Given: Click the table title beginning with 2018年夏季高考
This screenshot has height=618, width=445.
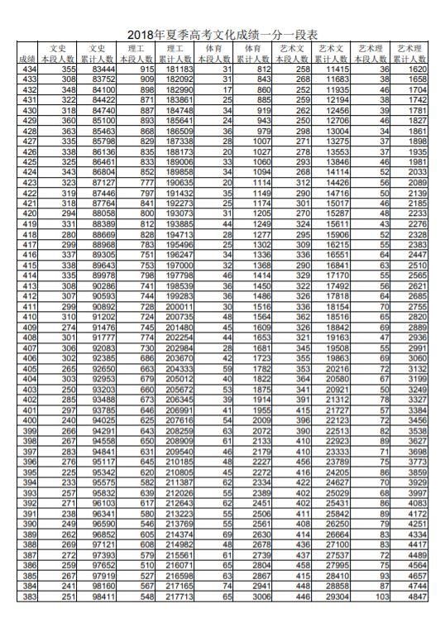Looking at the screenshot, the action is click(223, 35).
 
